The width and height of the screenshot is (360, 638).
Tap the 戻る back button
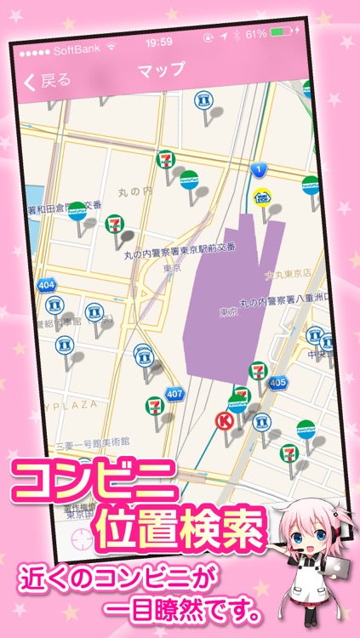click(48, 81)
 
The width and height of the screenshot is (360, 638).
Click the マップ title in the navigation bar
click(161, 71)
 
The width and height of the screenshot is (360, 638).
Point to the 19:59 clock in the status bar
click(159, 42)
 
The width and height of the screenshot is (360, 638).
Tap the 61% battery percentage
click(256, 34)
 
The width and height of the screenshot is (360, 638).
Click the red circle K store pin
click(226, 420)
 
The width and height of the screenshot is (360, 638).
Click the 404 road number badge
click(47, 284)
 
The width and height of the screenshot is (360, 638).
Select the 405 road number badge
click(277, 385)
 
